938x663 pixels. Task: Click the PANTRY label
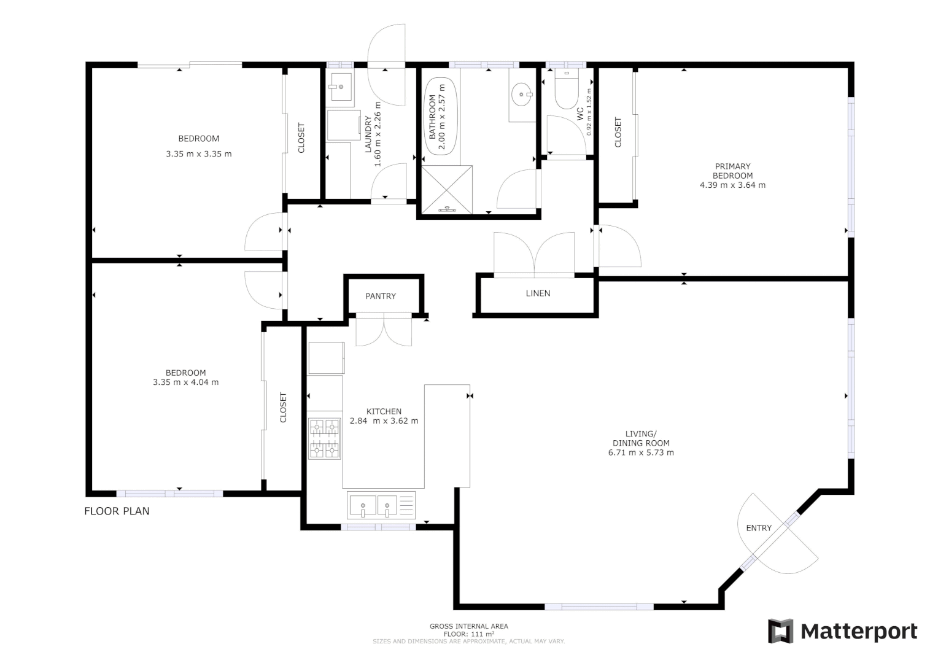point(381,296)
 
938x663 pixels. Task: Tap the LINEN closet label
point(538,293)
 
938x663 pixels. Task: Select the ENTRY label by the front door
point(759,528)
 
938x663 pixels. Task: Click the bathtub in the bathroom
point(440,117)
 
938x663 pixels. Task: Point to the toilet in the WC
point(566,90)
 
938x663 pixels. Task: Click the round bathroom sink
point(522,95)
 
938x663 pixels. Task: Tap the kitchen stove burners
point(324,438)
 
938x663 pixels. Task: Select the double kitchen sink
point(374,506)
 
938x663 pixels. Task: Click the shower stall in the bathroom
point(447,190)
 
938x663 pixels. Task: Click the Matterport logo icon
point(781,631)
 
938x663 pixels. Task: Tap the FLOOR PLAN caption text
point(117,511)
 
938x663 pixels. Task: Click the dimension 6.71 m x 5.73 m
point(641,453)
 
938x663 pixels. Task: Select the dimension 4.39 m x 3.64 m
point(732,185)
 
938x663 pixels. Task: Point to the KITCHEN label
point(384,411)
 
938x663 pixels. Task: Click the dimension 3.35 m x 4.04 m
point(185,382)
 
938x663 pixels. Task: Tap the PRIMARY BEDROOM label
point(732,171)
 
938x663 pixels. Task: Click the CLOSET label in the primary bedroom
point(618,132)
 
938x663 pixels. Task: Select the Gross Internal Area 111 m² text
point(469,630)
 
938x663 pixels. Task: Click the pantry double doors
point(384,330)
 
